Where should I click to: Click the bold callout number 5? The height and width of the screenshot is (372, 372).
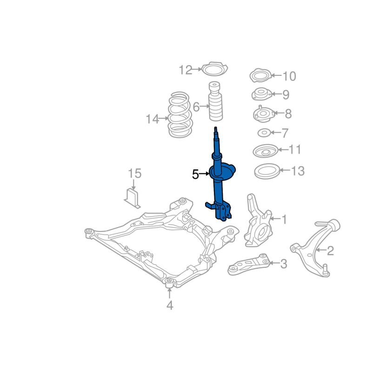pyautogui.click(x=195, y=174)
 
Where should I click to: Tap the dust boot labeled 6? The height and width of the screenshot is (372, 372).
pyautogui.click(x=215, y=101)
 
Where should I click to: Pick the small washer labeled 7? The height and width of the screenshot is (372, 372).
pyautogui.click(x=264, y=133)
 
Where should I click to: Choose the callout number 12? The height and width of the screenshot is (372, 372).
pyautogui.click(x=185, y=70)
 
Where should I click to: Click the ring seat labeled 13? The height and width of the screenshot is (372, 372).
pyautogui.click(x=267, y=171)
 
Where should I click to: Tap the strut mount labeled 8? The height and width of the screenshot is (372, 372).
pyautogui.click(x=264, y=114)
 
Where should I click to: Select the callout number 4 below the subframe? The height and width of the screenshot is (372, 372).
pyautogui.click(x=170, y=305)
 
